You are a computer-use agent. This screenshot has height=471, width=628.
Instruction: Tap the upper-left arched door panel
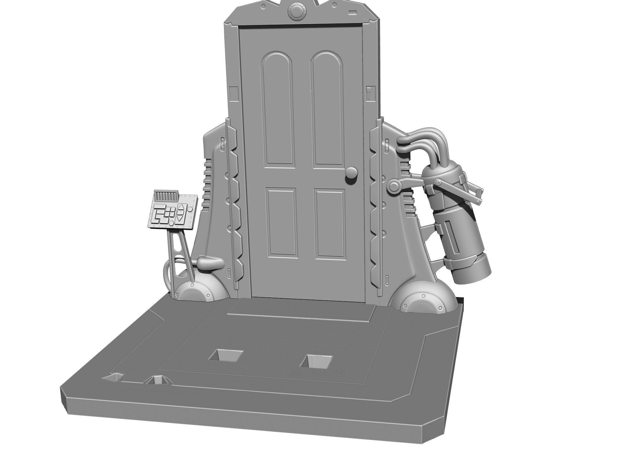(x=278, y=109)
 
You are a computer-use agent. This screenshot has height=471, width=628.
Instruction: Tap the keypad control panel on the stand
(x=172, y=212)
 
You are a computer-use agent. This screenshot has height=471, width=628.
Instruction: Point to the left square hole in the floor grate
(x=226, y=355)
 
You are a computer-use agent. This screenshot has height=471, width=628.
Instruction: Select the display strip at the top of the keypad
(x=166, y=194)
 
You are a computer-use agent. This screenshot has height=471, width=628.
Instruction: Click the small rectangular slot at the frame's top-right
(x=352, y=12)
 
